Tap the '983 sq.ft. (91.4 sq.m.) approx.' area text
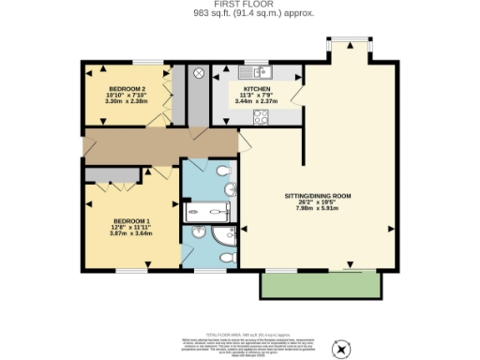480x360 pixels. coord(240,14)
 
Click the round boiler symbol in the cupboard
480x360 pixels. coord(199,73)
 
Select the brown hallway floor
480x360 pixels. coord(159,145)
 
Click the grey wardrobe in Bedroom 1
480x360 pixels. coord(112,174)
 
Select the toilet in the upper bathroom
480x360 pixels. coord(221,172)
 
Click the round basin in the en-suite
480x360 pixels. coord(198,232)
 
